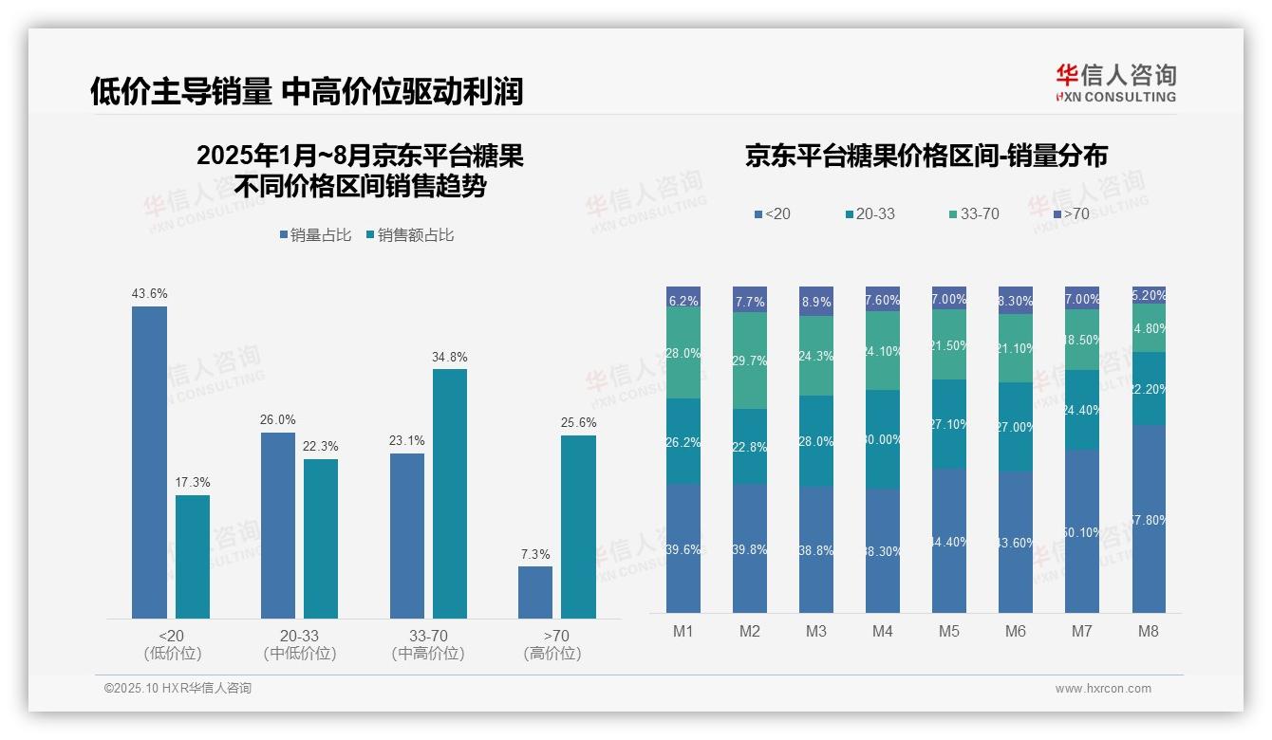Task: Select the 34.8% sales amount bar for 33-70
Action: [450, 493]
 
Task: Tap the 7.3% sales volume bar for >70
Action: [535, 592]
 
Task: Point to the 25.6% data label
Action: [578, 422]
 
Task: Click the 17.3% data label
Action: [192, 482]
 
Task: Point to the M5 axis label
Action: [948, 631]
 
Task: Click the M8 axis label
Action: [1148, 631]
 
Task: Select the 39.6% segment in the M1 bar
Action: [683, 548]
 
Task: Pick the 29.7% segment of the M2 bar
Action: [749, 361]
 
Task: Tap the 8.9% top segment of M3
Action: [815, 301]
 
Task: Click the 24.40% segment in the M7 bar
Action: [1081, 410]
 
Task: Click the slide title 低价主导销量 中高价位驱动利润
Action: [307, 91]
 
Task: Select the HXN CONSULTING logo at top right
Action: [1115, 83]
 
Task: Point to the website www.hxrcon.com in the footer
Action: [1103, 689]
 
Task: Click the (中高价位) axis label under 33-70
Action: [428, 654]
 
